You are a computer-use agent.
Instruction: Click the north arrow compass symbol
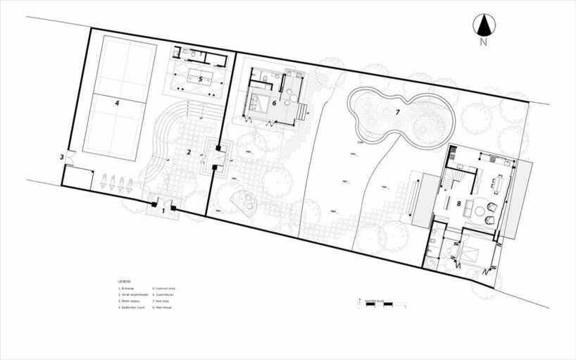coord(483,26)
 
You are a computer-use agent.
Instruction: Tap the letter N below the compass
coord(483,43)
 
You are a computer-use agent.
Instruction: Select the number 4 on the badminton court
coord(117,103)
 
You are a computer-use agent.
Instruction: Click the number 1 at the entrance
coord(163,210)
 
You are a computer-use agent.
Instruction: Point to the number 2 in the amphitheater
coord(189,151)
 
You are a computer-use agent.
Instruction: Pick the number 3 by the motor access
coord(62,157)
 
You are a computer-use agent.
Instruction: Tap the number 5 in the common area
coord(201,80)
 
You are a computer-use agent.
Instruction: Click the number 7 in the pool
coord(397,111)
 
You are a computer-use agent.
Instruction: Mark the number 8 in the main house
coord(458,204)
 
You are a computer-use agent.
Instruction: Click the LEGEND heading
coord(124,280)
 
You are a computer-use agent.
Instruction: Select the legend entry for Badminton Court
coord(132,308)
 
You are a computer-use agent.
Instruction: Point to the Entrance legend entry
coord(127,288)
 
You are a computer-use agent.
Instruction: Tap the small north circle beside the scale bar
coord(360,305)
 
